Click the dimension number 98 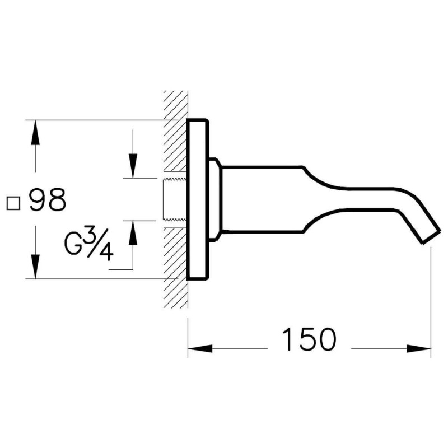[x=48, y=200]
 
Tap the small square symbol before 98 [x=13, y=203]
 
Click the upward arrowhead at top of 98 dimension [x=35, y=133]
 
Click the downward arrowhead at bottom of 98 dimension [x=35, y=265]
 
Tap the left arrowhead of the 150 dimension [x=200, y=348]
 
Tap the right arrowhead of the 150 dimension [x=418, y=348]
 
